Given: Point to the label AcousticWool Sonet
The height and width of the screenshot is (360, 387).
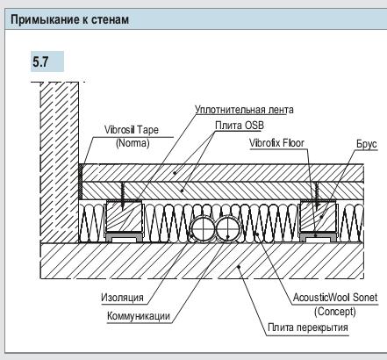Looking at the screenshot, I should coord(336,298).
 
